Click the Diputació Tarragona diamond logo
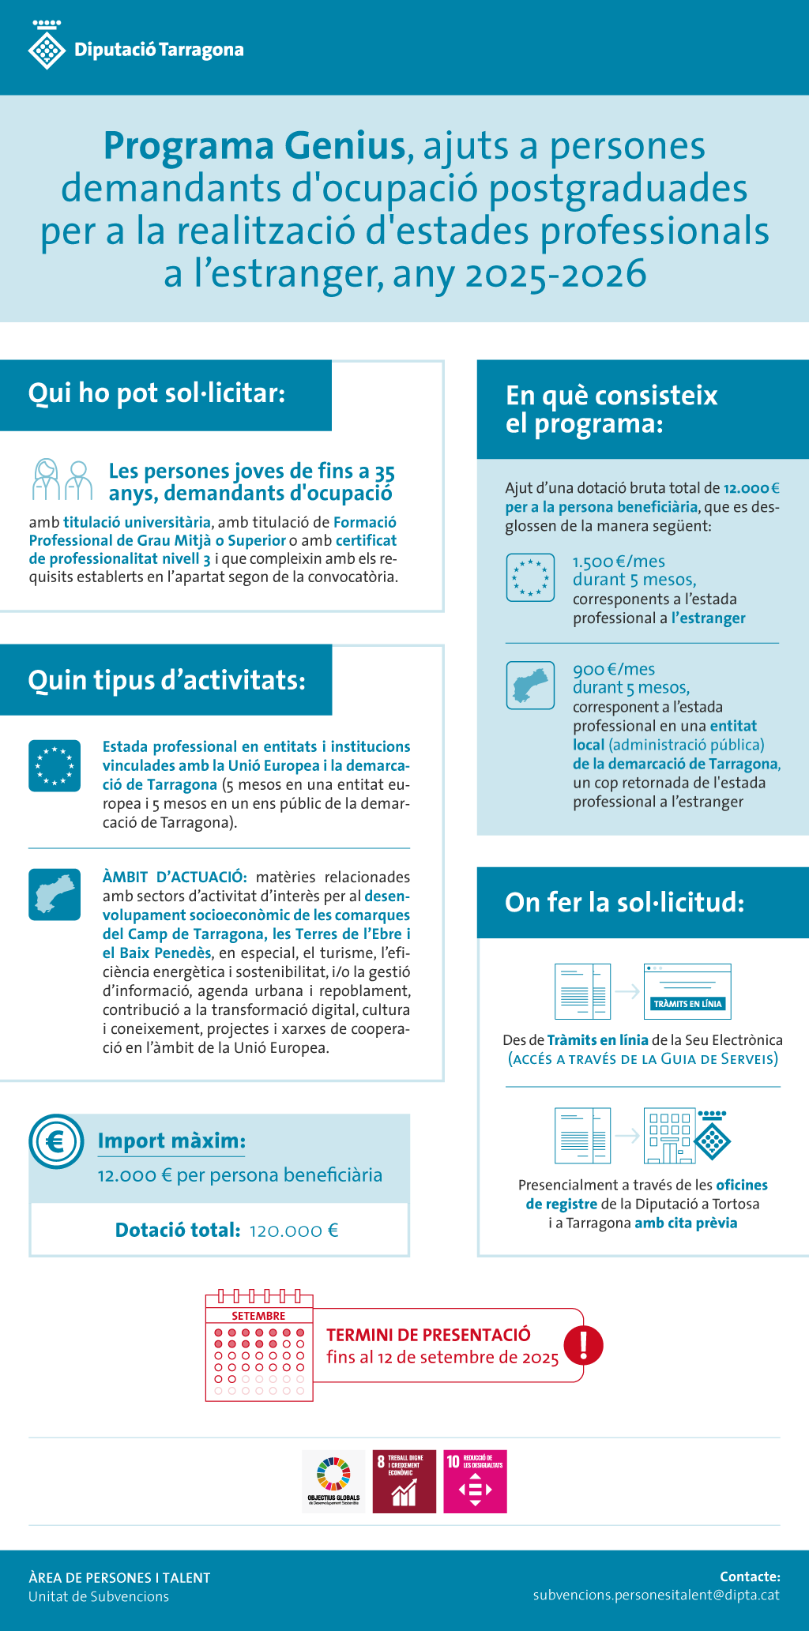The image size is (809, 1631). (47, 49)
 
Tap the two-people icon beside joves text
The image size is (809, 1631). (62, 479)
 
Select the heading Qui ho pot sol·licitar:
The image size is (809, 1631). (156, 393)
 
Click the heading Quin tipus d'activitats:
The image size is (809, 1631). (166, 680)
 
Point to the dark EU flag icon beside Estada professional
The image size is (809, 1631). (55, 765)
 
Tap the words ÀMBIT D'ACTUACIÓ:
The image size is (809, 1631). (175, 877)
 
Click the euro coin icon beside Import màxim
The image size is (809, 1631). (56, 1141)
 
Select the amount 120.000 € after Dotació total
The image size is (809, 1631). (294, 1231)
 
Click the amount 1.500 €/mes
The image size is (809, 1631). (619, 562)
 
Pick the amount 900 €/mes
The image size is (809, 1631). (614, 669)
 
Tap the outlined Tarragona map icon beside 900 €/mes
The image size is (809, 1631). (530, 685)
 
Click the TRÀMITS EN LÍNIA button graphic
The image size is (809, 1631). (687, 1003)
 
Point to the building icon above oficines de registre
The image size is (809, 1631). (669, 1137)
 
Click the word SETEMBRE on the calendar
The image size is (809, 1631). (258, 1316)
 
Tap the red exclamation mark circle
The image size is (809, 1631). (584, 1344)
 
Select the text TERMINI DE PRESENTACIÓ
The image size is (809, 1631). (428, 1335)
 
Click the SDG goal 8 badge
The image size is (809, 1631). (404, 1482)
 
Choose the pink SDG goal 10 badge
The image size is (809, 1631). (475, 1482)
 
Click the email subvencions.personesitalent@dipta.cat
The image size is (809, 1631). (656, 1595)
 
